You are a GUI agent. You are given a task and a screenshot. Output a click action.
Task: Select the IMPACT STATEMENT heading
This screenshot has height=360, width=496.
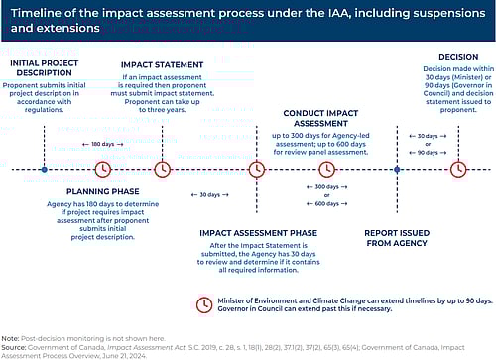point(164,65)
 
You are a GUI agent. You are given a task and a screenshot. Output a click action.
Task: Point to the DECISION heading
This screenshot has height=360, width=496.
point(458,57)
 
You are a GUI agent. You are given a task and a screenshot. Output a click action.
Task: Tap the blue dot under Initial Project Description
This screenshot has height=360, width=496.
point(45,169)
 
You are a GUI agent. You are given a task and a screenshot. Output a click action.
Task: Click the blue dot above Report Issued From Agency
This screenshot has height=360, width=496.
point(397,169)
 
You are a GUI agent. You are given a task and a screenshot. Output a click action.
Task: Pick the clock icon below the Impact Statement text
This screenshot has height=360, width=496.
point(164,169)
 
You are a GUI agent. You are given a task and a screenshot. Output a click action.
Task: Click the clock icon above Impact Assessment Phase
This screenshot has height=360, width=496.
point(257,169)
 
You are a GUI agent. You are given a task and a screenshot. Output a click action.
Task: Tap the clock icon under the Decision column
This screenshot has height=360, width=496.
point(458,169)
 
